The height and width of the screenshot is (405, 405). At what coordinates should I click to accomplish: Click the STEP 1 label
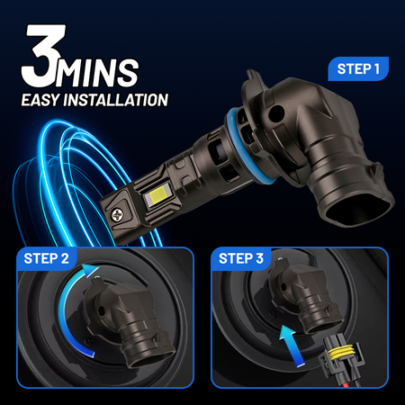pos(358,69)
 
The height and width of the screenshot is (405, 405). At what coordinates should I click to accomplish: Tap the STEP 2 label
pos(46,258)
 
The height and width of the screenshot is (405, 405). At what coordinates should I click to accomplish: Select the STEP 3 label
pos(241,258)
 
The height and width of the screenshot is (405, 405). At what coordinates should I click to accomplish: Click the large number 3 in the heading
pos(43,56)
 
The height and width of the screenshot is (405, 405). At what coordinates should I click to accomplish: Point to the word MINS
pos(97,73)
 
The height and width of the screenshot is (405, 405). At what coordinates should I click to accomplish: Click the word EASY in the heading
pos(40,100)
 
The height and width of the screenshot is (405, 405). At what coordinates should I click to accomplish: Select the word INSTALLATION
pos(116,100)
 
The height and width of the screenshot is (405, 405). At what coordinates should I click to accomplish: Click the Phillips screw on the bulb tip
pos(117,214)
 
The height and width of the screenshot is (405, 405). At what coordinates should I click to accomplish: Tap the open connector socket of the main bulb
pos(358,208)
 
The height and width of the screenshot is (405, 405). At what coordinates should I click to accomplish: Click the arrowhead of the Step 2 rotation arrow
pos(91,270)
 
